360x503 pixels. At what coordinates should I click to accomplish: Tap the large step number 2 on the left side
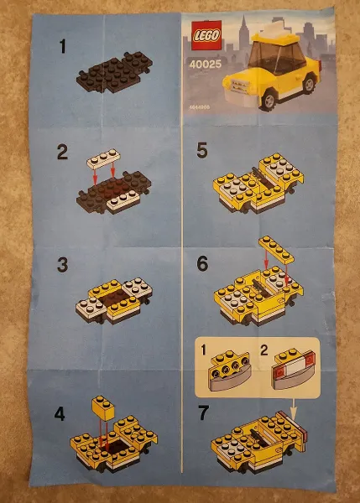tap(61, 153)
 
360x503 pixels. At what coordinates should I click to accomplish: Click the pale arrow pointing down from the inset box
tap(293, 407)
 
